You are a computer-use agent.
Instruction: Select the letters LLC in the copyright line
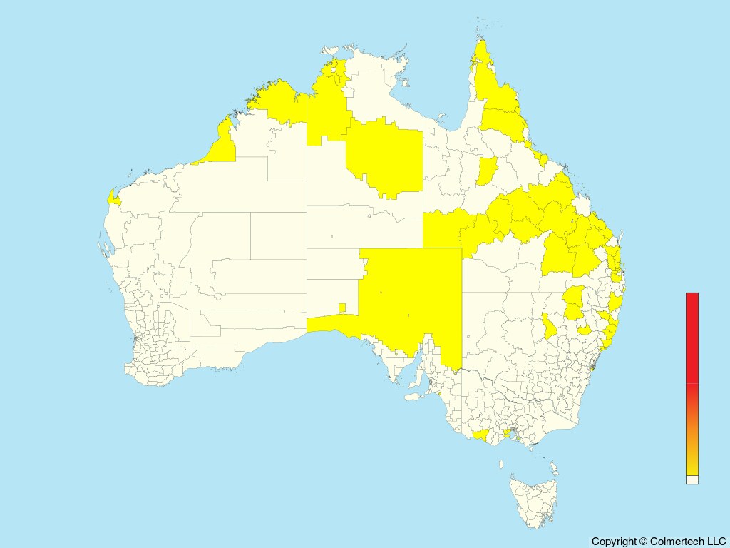pos(715,542)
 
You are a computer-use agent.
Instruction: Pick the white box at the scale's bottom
pos(692,479)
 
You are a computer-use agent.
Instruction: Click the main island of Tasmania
pos(531,499)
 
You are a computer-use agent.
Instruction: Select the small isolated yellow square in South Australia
pos(342,308)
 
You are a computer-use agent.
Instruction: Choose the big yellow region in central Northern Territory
pos(385,157)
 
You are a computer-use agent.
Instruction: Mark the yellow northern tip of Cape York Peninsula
pos(483,64)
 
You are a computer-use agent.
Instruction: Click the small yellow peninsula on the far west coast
pos(113,198)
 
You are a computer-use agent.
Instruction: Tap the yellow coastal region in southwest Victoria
pos(481,435)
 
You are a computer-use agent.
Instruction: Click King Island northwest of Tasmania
pos(501,464)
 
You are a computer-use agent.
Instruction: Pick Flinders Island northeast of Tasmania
pos(553,467)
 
